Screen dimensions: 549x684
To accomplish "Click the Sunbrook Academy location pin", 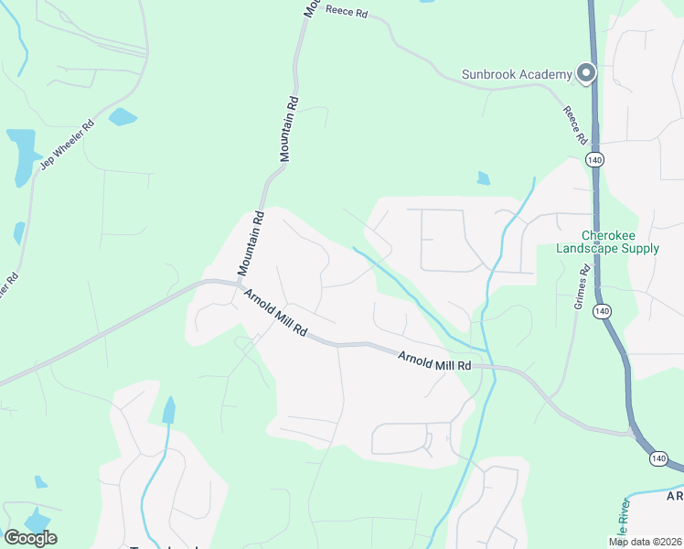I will tap(586, 72).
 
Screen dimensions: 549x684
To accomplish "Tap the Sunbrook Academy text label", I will tap(517, 73).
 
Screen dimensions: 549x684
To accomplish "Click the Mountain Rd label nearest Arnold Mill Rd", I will tap(251, 244).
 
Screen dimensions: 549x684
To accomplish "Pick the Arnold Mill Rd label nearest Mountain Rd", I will tap(274, 311).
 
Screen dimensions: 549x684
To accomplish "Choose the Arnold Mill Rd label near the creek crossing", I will tap(433, 360).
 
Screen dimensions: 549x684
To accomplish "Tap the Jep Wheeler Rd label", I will tap(68, 146).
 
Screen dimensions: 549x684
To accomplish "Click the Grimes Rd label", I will tap(581, 287).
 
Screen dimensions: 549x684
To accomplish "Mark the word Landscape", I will tap(587, 248).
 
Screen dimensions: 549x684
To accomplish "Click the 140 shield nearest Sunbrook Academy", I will tap(595, 160).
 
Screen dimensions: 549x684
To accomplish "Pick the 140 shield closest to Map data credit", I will tap(657, 457).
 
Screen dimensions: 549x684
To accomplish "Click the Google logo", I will tap(30, 537).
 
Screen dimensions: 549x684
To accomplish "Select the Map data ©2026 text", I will tap(646, 541).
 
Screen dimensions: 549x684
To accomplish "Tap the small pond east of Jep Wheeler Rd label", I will tap(123, 116).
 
